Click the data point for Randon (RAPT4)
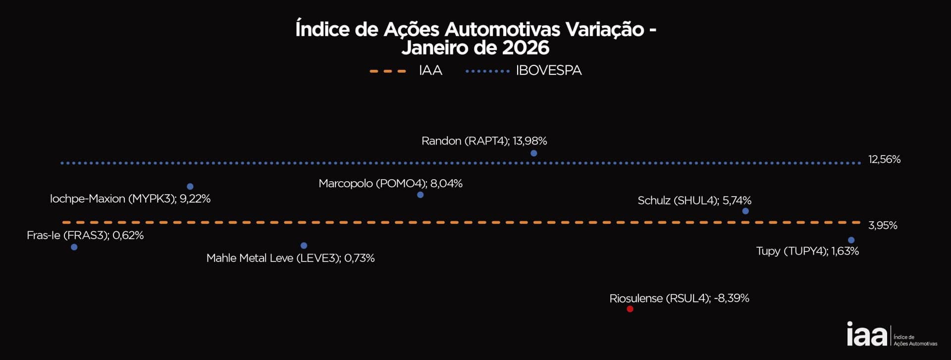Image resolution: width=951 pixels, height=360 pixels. pos(533,154)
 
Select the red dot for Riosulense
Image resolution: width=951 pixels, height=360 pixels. pos(630,309)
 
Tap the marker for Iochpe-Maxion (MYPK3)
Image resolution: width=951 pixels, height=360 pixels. pos(190,187)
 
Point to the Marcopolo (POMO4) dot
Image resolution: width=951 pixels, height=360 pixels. pos(421,195)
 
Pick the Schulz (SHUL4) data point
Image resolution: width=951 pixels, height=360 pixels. pos(745,211)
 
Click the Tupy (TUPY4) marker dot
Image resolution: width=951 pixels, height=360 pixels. pos(851,240)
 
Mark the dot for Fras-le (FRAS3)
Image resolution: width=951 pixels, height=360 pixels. pos(74,247)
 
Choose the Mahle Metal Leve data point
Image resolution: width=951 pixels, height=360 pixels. pos(304,246)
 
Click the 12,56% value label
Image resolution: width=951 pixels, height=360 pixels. pos(884,159)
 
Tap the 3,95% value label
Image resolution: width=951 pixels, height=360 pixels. pos(883,225)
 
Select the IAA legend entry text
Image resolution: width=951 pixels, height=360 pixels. pos(430,71)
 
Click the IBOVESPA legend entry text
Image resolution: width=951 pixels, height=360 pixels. pos(549,71)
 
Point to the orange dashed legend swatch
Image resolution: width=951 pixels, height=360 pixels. pos(388,71)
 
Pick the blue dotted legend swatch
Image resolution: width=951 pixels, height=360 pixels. pos(487,71)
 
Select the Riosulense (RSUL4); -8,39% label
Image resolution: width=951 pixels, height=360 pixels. pos(679,299)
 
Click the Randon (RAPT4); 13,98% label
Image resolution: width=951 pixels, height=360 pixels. pos(484,141)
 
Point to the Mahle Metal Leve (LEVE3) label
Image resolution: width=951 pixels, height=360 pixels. pos(290,258)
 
